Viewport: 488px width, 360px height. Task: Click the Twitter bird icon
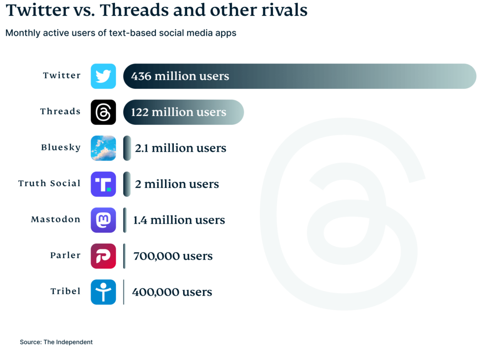pyautogui.click(x=103, y=76)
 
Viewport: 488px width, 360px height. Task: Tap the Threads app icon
pyautogui.click(x=103, y=112)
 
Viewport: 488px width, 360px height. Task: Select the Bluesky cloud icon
pyautogui.click(x=103, y=148)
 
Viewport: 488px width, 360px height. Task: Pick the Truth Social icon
pyautogui.click(x=103, y=184)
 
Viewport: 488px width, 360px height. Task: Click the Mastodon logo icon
pyautogui.click(x=103, y=220)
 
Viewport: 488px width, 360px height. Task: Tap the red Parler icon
pyautogui.click(x=103, y=256)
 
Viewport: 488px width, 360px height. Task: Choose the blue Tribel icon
pyautogui.click(x=103, y=292)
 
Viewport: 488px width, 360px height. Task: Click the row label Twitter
pyautogui.click(x=62, y=75)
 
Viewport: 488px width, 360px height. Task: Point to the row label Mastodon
pyautogui.click(x=56, y=219)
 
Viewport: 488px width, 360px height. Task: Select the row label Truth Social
pyautogui.click(x=50, y=184)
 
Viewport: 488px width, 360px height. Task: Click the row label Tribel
pyautogui.click(x=65, y=291)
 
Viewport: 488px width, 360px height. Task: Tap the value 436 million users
pyautogui.click(x=180, y=76)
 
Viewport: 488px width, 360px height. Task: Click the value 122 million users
pyautogui.click(x=178, y=112)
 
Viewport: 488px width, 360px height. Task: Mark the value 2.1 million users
pyautogui.click(x=180, y=148)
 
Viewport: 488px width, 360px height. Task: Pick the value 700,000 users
pyautogui.click(x=173, y=256)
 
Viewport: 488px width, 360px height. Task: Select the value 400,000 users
pyautogui.click(x=172, y=292)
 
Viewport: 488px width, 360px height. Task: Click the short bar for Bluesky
pyautogui.click(x=127, y=148)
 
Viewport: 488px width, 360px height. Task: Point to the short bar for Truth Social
pyautogui.click(x=127, y=184)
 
